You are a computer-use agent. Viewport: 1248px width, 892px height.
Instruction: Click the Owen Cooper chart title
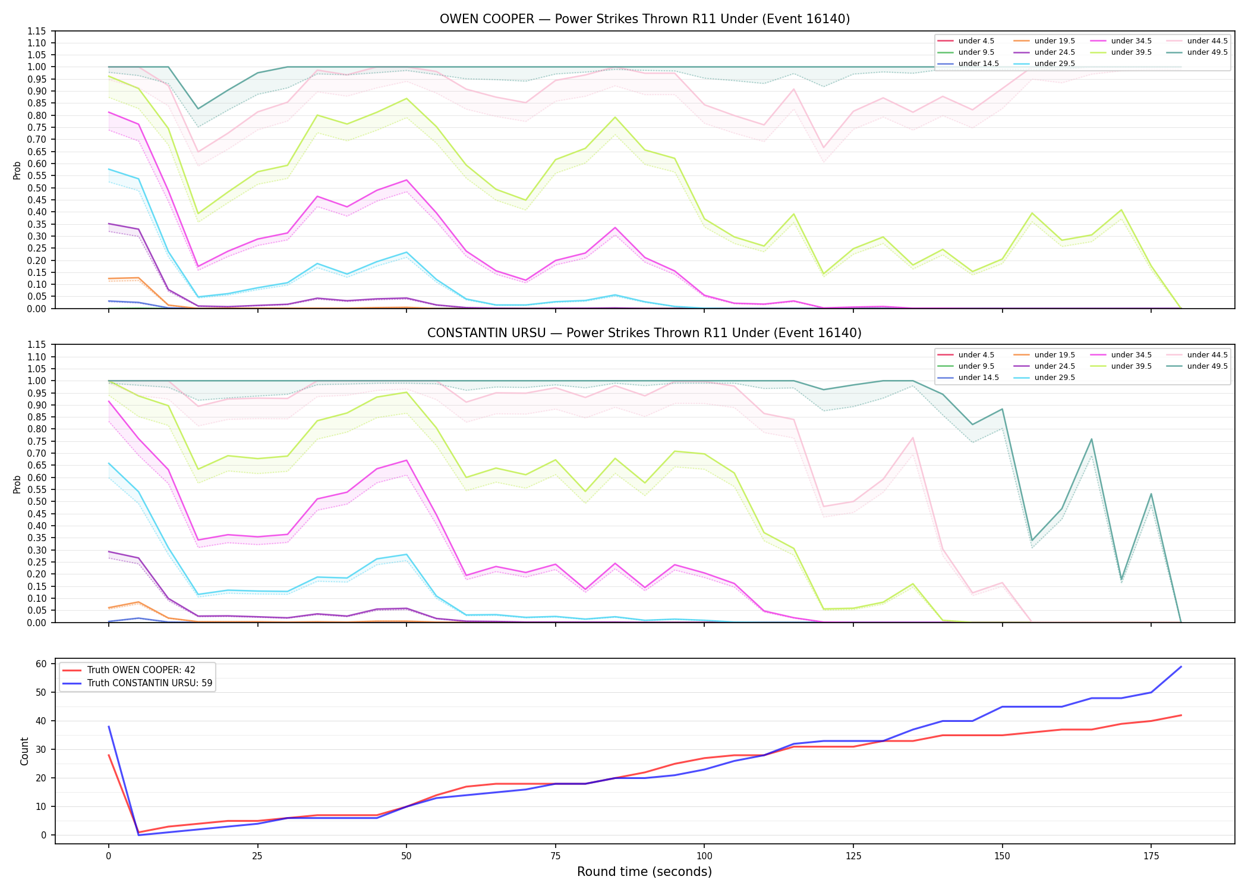(645, 19)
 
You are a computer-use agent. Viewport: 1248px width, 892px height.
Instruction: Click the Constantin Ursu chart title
(645, 333)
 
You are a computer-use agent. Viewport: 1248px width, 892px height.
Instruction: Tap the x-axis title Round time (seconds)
(645, 872)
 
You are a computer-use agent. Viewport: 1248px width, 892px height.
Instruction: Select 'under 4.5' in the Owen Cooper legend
(965, 41)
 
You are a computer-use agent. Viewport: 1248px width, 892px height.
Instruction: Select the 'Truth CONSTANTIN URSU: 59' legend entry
(137, 683)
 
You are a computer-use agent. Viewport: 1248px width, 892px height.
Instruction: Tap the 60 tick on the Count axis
(43, 664)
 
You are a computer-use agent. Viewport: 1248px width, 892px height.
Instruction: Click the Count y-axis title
(24, 751)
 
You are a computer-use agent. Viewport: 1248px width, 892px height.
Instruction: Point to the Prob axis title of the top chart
(17, 170)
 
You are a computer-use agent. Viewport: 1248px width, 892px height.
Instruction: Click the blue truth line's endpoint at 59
(1181, 667)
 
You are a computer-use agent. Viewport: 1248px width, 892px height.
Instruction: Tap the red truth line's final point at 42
(1181, 715)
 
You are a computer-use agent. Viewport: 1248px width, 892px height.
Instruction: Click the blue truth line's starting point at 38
(109, 727)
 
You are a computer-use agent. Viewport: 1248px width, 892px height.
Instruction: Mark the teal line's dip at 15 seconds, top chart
(198, 109)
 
